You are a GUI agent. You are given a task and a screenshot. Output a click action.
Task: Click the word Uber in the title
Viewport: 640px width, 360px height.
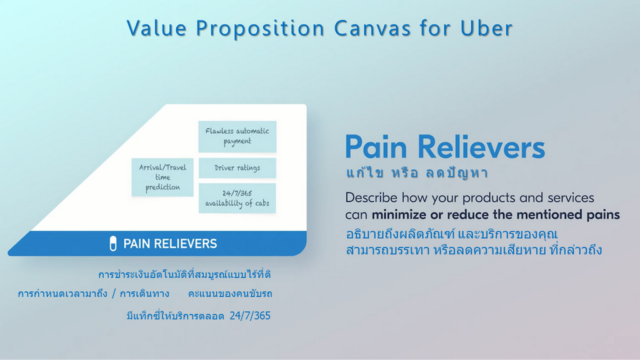click(486, 28)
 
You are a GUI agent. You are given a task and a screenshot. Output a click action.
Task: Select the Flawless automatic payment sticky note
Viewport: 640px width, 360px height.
click(237, 136)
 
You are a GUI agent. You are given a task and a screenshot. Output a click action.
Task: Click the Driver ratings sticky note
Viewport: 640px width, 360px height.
click(237, 167)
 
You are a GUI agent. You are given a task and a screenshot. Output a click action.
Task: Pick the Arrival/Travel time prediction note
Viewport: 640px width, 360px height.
click(162, 177)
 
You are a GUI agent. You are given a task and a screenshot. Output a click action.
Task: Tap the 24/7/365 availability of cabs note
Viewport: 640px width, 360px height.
click(237, 198)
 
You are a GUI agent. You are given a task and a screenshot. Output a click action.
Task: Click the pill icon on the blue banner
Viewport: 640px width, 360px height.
click(113, 244)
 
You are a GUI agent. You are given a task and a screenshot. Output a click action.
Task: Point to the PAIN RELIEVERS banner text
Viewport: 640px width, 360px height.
click(170, 244)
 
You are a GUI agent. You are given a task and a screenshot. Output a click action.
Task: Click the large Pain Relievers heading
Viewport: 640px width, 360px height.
click(445, 147)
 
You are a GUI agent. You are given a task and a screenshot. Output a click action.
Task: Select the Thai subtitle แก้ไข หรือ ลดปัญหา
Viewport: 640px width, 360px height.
click(417, 173)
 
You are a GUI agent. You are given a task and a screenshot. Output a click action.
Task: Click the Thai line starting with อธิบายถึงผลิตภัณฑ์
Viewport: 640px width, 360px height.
click(451, 234)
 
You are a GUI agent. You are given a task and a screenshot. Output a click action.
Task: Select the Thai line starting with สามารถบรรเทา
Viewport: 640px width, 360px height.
click(474, 250)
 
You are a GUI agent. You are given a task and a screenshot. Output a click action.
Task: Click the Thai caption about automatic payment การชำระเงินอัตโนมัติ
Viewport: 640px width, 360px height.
click(184, 275)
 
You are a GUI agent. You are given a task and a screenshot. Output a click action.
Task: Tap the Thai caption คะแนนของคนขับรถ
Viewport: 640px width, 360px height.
click(230, 294)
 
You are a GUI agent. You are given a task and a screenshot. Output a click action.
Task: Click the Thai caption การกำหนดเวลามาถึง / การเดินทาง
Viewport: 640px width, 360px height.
click(94, 294)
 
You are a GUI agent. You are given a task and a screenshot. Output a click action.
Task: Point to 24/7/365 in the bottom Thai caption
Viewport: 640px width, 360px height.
click(250, 316)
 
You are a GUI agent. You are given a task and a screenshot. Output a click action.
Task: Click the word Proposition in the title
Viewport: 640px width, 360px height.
click(261, 29)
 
